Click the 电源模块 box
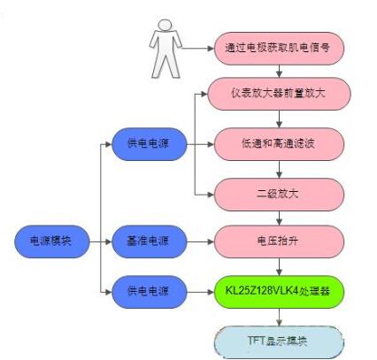pyautogui.click(x=52, y=241)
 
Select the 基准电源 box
pyautogui.click(x=150, y=241)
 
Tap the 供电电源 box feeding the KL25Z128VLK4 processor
pyautogui.click(x=150, y=292)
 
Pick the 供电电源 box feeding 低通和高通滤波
pyautogui.click(x=150, y=144)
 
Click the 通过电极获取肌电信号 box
pyautogui.click(x=279, y=49)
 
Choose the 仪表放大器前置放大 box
pyautogui.click(x=279, y=94)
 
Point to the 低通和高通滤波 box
pyautogui.click(x=279, y=144)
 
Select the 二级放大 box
pyautogui.click(x=279, y=195)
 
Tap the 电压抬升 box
pyautogui.click(x=279, y=241)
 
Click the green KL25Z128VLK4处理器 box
pyautogui.click(x=279, y=292)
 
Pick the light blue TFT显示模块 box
pyautogui.click(x=279, y=341)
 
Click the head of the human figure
pyautogui.click(x=165, y=25)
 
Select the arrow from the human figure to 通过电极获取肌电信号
pyautogui.click(x=197, y=48)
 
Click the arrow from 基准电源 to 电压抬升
pyautogui.click(x=200, y=241)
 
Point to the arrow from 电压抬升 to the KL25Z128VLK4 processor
pyautogui.click(x=279, y=267)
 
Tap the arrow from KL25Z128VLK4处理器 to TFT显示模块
pyautogui.click(x=279, y=317)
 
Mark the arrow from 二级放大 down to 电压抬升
pyautogui.click(x=279, y=218)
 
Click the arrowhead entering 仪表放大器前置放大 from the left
pyautogui.click(x=204, y=94)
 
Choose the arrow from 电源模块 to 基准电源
pyautogui.click(x=101, y=241)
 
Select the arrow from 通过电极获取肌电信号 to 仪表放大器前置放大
pyautogui.click(x=279, y=71)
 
